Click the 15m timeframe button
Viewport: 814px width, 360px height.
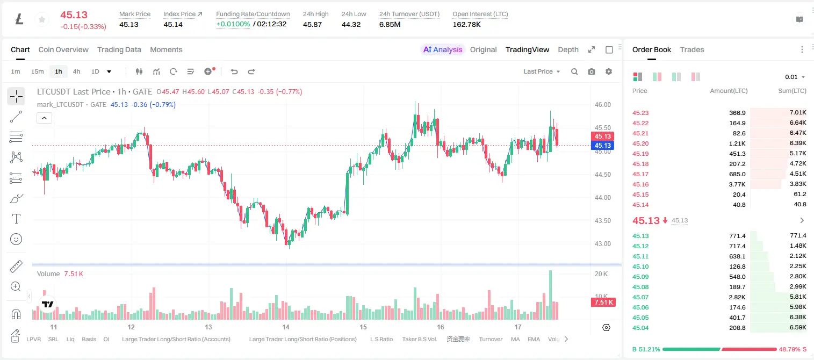tap(38, 71)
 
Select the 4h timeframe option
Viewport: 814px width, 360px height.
tap(77, 71)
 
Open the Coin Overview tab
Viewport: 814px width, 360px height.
tap(63, 50)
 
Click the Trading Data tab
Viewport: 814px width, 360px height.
tap(119, 50)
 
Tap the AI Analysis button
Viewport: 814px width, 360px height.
tap(443, 50)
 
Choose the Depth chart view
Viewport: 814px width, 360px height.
tap(568, 50)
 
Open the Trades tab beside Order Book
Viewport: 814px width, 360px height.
tap(692, 50)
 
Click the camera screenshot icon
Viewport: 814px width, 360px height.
tap(592, 71)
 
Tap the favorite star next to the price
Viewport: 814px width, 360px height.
tap(42, 19)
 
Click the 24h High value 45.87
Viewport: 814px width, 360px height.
tap(313, 24)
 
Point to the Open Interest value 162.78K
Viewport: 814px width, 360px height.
tap(466, 24)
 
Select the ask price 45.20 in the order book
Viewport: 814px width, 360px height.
tap(640, 143)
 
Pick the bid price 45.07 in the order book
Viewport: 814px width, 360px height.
tap(640, 297)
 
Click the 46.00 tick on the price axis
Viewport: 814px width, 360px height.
tap(603, 105)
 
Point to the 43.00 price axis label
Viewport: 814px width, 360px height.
tap(603, 244)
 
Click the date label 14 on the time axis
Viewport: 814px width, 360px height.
tap(286, 327)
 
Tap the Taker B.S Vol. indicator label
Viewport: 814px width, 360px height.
tap(419, 339)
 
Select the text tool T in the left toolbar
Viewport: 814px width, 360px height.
tap(16, 219)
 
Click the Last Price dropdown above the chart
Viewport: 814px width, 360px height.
tap(542, 71)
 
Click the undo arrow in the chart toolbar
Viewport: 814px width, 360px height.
tap(234, 71)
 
